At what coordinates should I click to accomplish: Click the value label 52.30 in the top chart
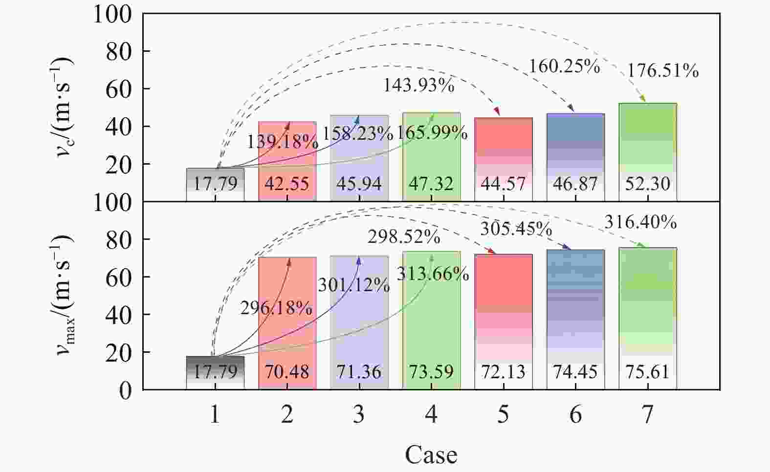click(647, 184)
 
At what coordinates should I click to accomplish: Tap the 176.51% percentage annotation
click(662, 71)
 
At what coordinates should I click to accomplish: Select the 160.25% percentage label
click(564, 66)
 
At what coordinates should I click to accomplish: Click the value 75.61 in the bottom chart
click(647, 372)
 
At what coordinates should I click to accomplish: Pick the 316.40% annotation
click(640, 223)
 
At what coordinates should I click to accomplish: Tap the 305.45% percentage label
click(516, 229)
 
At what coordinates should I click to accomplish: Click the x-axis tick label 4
click(431, 415)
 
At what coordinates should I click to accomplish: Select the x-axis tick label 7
click(647, 415)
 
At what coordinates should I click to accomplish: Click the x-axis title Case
click(431, 455)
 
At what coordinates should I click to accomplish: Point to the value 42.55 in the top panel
click(287, 184)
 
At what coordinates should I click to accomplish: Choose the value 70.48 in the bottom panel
click(287, 372)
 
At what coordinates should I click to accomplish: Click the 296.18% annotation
click(276, 308)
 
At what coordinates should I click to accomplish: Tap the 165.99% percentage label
click(432, 132)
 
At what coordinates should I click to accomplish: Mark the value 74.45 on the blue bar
click(575, 372)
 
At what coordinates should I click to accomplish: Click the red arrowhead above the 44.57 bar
click(498, 112)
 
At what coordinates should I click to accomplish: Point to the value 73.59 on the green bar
click(431, 372)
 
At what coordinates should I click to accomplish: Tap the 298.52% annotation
click(404, 237)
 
